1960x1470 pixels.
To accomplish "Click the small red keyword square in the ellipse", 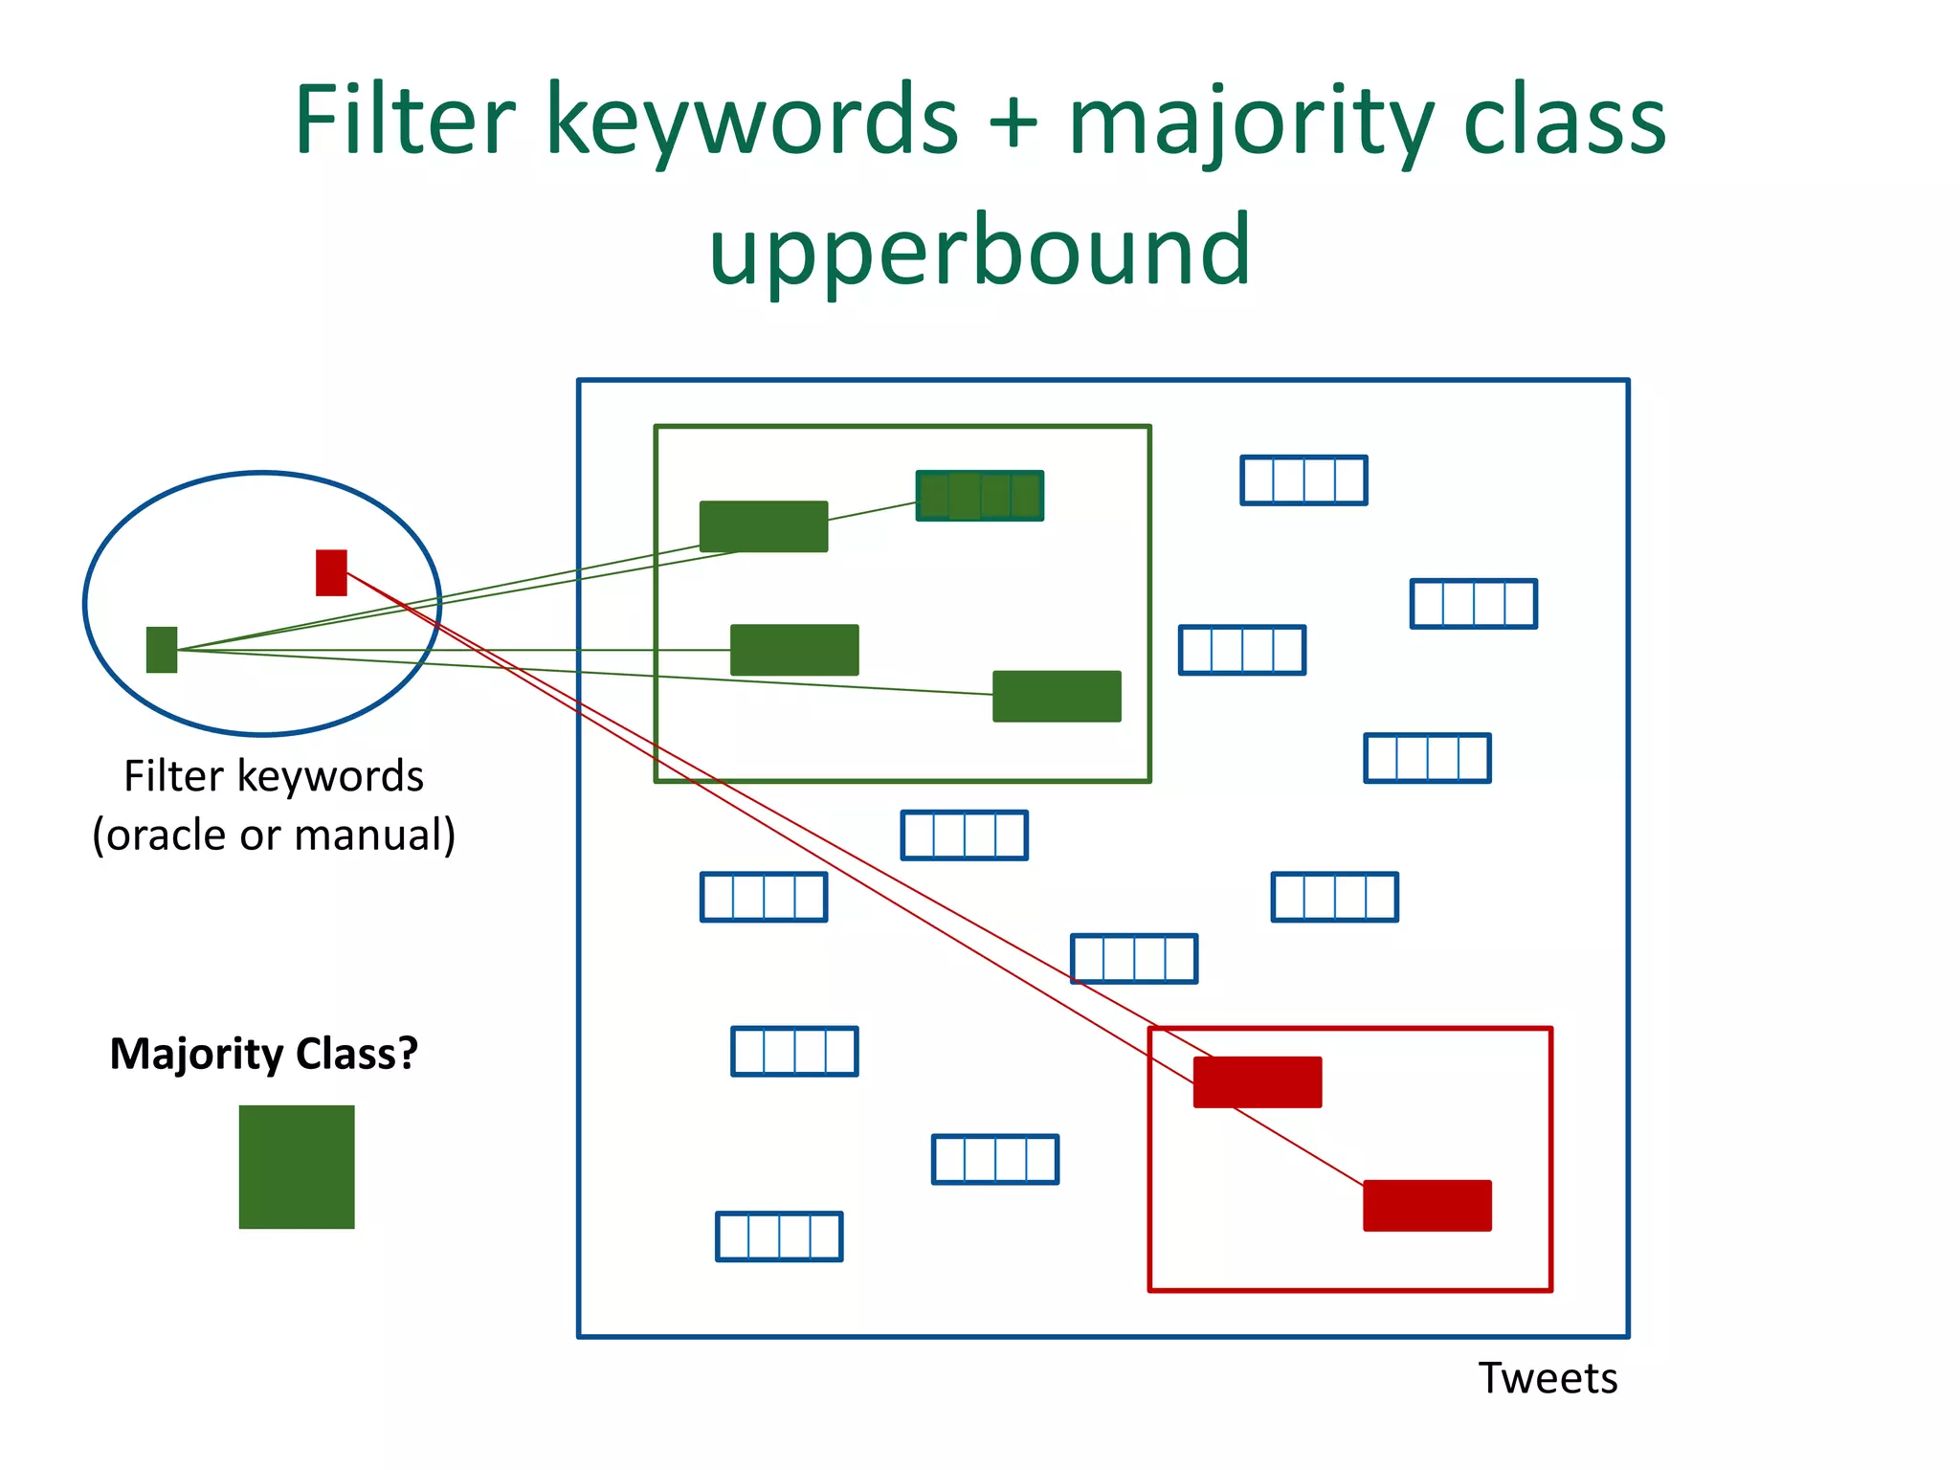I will tap(331, 572).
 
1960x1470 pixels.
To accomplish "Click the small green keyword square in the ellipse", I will tap(162, 650).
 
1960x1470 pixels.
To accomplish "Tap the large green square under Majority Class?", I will tap(297, 1167).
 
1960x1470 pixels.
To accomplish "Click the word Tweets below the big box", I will tap(1548, 1379).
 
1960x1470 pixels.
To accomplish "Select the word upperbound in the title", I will tap(979, 252).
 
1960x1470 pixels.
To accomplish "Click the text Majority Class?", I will tap(264, 1054).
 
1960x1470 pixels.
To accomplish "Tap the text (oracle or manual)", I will tap(274, 835).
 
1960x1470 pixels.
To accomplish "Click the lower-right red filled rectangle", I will tap(1427, 1205).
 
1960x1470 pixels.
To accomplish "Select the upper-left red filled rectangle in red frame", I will tap(1258, 1081).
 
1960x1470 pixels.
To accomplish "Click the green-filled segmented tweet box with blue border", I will tap(979, 496).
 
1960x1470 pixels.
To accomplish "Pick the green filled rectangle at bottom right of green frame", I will tap(1057, 696).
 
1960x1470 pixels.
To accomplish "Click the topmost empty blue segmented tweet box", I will tap(1303, 480).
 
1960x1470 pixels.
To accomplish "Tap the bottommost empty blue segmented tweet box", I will tap(779, 1236).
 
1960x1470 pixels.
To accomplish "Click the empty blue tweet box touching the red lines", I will tap(1134, 959).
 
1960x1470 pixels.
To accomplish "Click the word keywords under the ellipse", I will tap(330, 776).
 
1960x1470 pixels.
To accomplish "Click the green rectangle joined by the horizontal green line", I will tap(794, 650).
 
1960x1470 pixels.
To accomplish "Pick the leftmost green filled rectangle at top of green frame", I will tap(764, 526).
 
